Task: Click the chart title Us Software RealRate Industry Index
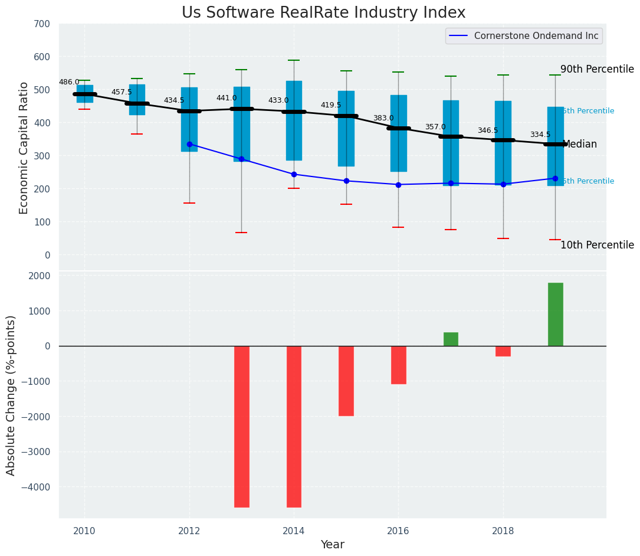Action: (x=323, y=13)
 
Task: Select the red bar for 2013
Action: (x=242, y=426)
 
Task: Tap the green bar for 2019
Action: (x=555, y=314)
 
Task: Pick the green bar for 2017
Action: (x=451, y=339)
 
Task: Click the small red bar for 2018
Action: (x=503, y=351)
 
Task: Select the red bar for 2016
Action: (x=398, y=365)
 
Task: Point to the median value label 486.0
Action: (x=69, y=82)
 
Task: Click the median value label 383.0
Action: (x=383, y=118)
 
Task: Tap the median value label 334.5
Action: (x=540, y=135)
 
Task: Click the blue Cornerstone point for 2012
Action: (x=189, y=144)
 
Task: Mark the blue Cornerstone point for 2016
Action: (x=398, y=185)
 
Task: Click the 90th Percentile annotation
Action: (x=597, y=69)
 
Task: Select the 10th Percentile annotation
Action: (x=597, y=245)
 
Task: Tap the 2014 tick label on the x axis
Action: (x=294, y=531)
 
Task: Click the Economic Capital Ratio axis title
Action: (x=24, y=148)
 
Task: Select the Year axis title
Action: (x=333, y=545)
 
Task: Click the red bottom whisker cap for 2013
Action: (x=241, y=233)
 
